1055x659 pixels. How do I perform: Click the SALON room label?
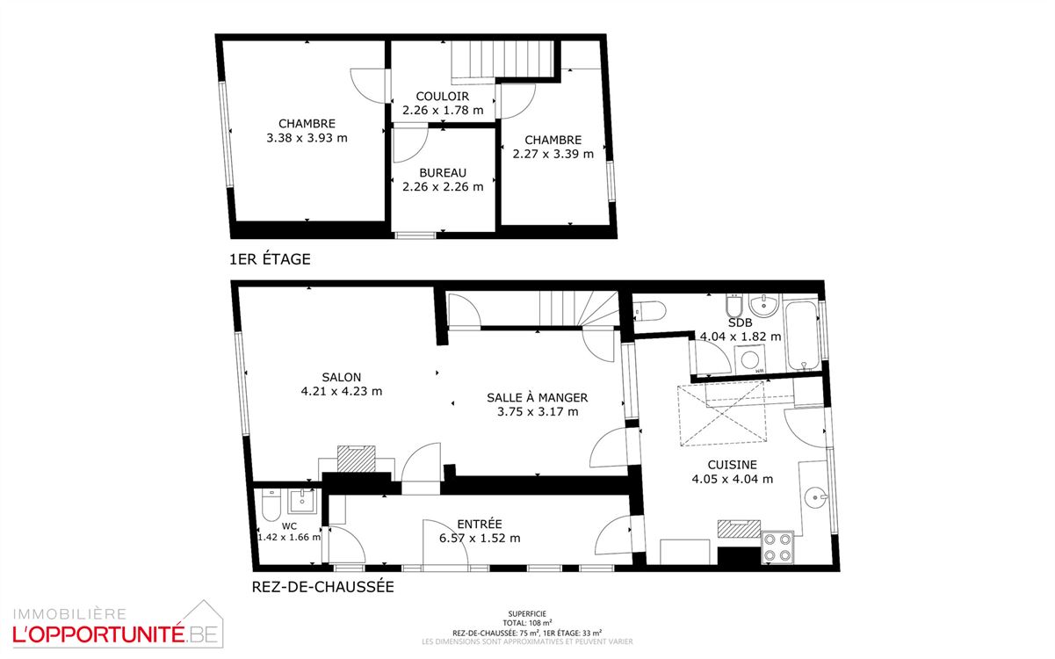click(x=342, y=377)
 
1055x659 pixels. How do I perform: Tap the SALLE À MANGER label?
click(x=537, y=397)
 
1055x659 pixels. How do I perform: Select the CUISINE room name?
click(x=732, y=465)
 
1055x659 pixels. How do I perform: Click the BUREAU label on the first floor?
click(x=443, y=173)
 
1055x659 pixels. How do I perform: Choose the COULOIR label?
click(x=442, y=97)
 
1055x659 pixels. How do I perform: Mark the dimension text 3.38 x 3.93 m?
click(x=307, y=138)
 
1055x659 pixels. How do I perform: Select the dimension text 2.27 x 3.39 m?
click(x=553, y=154)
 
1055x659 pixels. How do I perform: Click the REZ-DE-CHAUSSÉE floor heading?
click(x=322, y=587)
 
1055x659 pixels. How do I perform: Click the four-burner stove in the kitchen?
click(x=777, y=547)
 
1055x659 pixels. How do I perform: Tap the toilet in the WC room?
click(x=269, y=505)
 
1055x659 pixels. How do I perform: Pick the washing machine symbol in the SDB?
click(x=751, y=359)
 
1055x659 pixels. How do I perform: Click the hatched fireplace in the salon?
click(x=358, y=458)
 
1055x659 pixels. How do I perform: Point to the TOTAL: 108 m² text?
click(x=527, y=623)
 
